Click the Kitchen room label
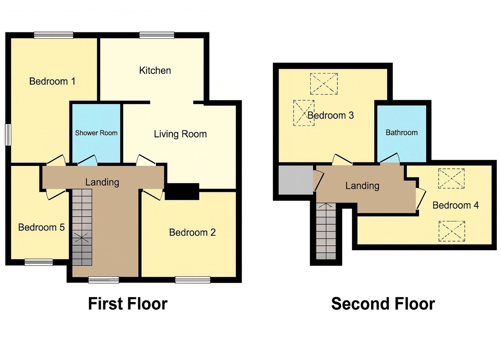(155, 70)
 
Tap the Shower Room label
(96, 133)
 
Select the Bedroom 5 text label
(41, 227)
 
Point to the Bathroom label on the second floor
(402, 132)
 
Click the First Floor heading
(128, 303)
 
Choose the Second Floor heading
(383, 303)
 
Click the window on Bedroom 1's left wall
(8, 135)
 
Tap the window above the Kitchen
(157, 35)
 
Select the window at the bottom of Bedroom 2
(193, 280)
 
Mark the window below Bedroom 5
(39, 262)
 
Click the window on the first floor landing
(103, 280)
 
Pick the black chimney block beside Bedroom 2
(182, 191)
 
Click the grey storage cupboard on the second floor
(295, 180)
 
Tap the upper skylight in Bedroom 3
(324, 84)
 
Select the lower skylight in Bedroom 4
(452, 231)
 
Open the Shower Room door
(87, 160)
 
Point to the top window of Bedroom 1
(54, 35)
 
